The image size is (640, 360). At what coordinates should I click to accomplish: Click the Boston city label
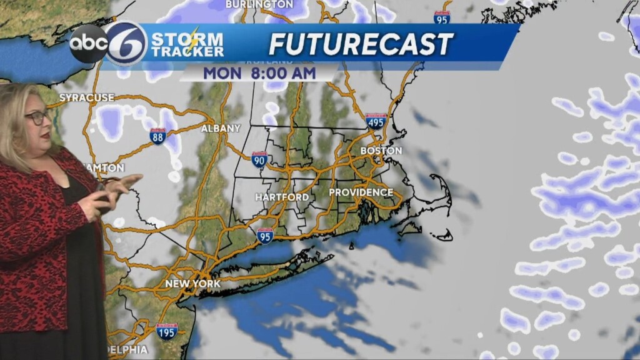click(381, 151)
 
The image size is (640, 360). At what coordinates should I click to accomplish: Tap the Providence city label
click(361, 192)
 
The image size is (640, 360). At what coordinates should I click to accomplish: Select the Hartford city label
click(282, 197)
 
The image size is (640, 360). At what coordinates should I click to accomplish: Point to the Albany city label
click(220, 128)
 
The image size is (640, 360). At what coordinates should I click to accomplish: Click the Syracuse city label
click(87, 97)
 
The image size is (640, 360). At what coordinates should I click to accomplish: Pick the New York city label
click(192, 284)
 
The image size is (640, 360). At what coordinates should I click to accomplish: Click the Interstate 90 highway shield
click(260, 161)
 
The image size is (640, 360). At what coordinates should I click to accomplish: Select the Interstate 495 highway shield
click(376, 122)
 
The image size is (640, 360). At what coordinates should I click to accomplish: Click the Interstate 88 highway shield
click(157, 136)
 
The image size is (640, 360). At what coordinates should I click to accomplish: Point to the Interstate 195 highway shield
click(166, 331)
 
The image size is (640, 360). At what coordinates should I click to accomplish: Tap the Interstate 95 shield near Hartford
click(265, 236)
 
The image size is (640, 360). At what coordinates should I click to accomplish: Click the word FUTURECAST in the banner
click(361, 44)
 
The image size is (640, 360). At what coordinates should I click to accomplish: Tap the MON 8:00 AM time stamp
click(259, 72)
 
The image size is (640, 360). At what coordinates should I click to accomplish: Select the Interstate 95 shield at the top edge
click(442, 17)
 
